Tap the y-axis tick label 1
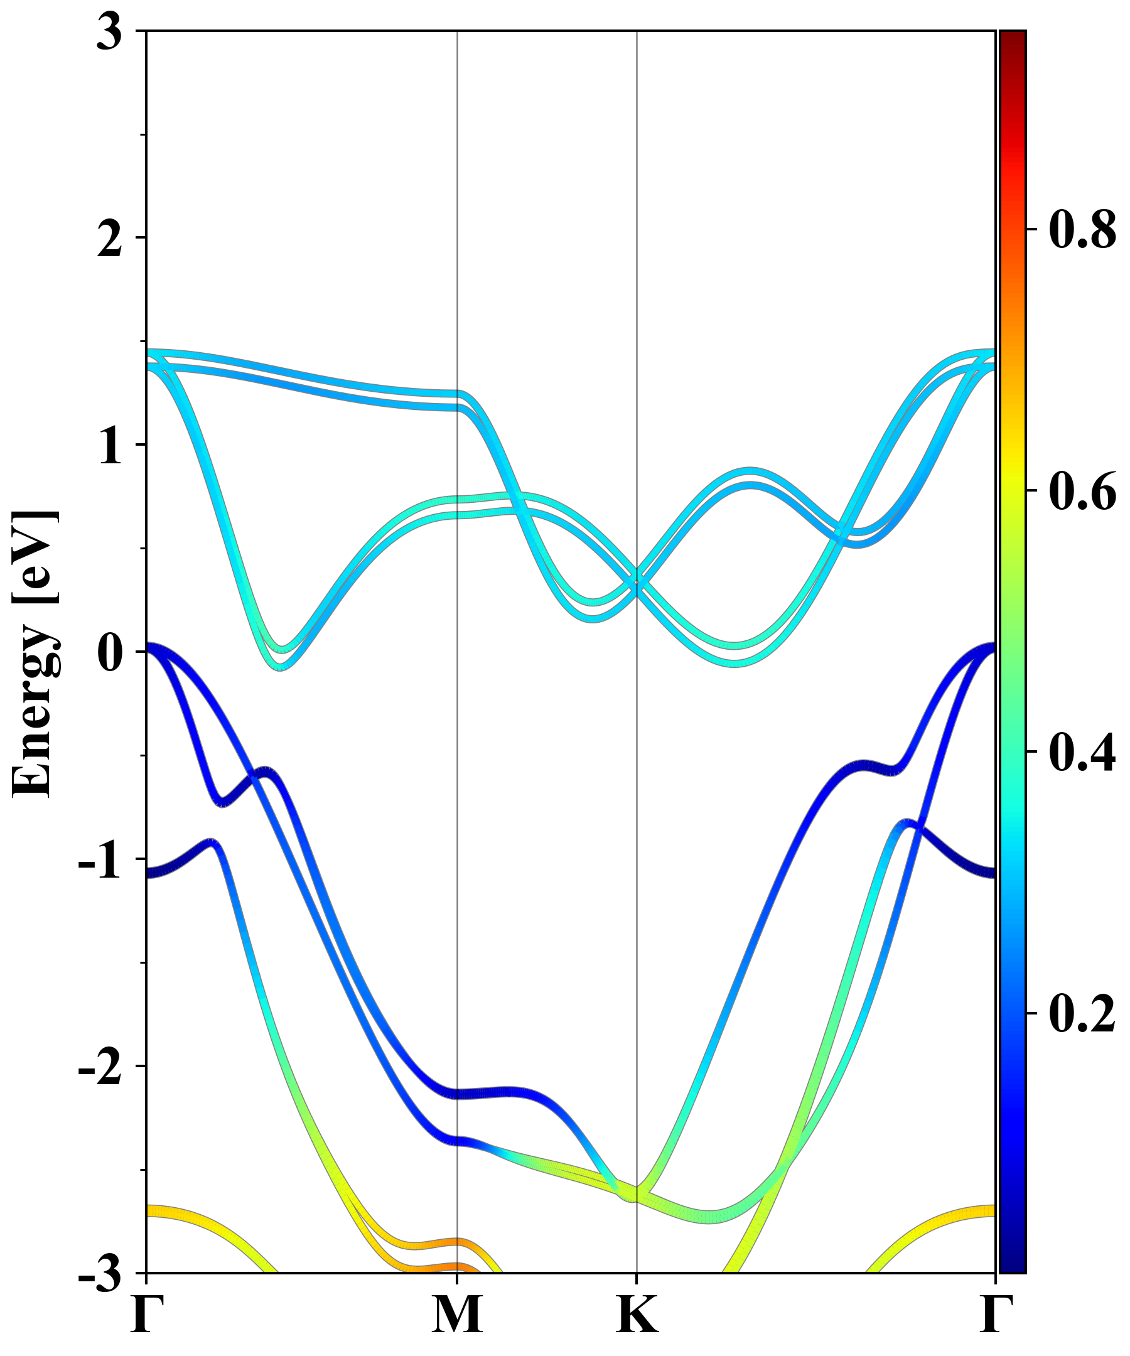(109, 447)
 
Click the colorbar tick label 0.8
(1082, 230)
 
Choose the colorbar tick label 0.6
(1082, 491)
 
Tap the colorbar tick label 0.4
(1082, 751)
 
